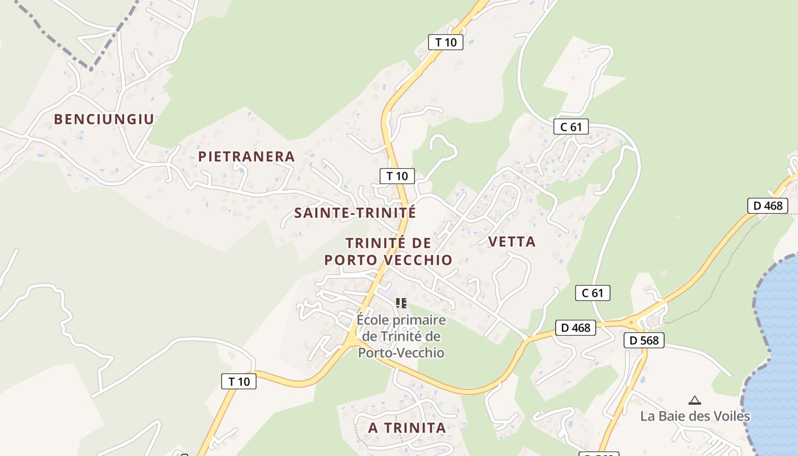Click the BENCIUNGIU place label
tap(104, 119)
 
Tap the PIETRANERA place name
tap(246, 156)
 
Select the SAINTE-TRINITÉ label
tap(355, 213)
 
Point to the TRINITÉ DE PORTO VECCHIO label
tap(388, 251)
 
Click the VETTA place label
tap(512, 241)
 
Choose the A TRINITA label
tap(406, 427)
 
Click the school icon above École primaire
tap(401, 303)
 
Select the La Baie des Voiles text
tap(695, 416)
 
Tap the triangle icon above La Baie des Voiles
tap(694, 400)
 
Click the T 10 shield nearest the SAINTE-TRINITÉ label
tap(397, 176)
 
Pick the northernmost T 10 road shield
tap(446, 42)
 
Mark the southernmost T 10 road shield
tap(239, 381)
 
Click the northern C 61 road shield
tap(571, 127)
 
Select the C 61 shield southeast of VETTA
tap(592, 293)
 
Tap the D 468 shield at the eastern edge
tap(767, 205)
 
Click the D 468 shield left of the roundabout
tap(575, 327)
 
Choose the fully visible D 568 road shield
tap(644, 340)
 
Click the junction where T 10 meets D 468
tap(352, 341)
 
